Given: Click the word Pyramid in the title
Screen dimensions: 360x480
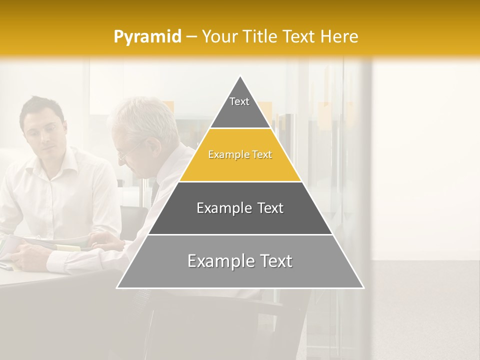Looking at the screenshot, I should pos(147,37).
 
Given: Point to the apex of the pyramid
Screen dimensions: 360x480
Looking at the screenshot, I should pos(240,76).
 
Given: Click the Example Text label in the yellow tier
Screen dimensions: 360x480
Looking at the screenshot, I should pos(240,155).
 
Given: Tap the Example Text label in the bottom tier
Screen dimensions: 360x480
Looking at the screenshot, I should pos(240,261).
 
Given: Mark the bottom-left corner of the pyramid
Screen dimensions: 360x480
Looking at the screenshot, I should pos(117,287).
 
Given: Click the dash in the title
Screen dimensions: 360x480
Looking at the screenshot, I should pos(191,37).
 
